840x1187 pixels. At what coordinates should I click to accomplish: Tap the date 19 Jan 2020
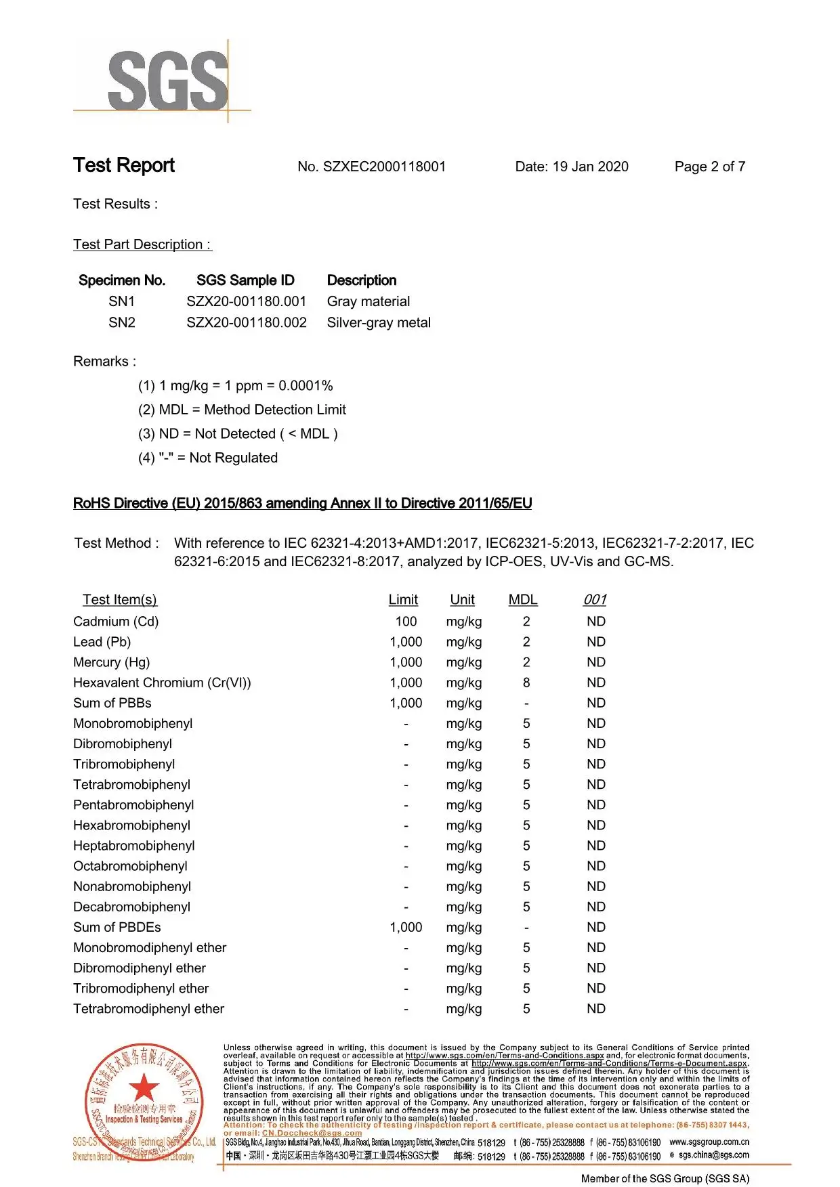click(x=590, y=167)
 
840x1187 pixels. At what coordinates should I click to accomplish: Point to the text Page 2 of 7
click(x=709, y=167)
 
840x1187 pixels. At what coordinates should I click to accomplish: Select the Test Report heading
click(x=124, y=165)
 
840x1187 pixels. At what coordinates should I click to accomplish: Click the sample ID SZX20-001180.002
click(x=247, y=322)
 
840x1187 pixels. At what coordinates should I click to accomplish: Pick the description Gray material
click(x=369, y=301)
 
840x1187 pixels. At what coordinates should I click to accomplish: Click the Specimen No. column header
click(x=122, y=280)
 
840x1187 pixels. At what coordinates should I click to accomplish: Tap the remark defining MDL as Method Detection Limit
click(x=242, y=410)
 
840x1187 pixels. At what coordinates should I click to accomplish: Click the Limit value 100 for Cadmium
click(x=406, y=622)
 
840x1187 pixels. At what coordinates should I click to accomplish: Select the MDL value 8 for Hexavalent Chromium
click(x=526, y=683)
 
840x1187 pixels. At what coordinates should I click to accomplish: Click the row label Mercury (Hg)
click(x=112, y=662)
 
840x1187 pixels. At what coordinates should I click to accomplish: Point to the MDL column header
click(x=523, y=600)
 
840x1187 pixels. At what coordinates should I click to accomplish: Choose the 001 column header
click(x=595, y=600)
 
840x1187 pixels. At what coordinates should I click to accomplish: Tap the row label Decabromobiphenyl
click(x=132, y=907)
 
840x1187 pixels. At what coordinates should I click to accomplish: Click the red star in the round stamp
click(x=144, y=1089)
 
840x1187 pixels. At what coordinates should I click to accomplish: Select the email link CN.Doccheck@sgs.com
click(x=312, y=1133)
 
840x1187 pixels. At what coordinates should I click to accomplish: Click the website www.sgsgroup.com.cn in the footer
click(x=709, y=1142)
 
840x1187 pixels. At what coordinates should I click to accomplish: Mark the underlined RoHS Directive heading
click(x=302, y=503)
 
